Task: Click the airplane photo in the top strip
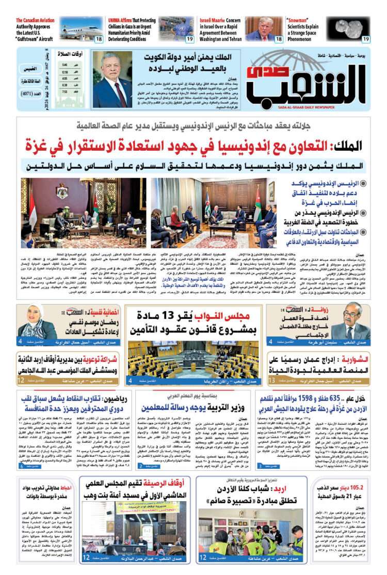click(x=81, y=28)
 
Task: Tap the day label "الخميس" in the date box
click(x=33, y=68)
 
